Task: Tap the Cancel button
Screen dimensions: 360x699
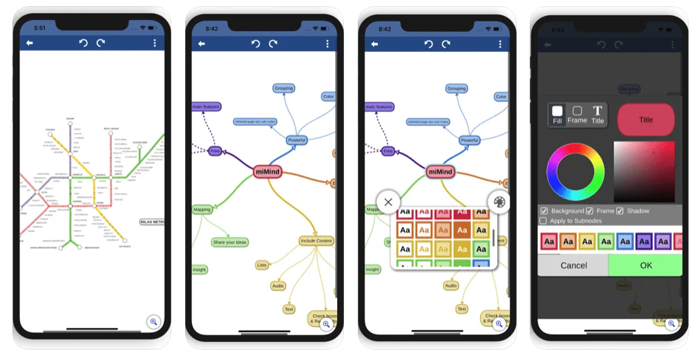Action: tap(573, 265)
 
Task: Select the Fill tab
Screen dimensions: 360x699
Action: tap(557, 114)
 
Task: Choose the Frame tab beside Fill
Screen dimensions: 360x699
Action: tap(577, 114)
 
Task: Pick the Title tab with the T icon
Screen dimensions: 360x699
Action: tap(597, 114)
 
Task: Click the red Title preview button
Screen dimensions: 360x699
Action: tap(645, 120)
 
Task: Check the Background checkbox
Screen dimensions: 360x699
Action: tap(544, 211)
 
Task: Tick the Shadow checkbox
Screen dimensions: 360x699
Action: tap(620, 211)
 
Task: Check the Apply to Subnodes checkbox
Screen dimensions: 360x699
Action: tap(543, 220)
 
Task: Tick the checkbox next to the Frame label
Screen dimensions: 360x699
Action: tap(589, 211)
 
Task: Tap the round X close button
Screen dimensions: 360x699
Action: tap(388, 202)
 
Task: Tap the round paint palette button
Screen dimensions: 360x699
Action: tap(498, 202)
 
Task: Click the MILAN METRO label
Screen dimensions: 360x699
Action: tap(153, 222)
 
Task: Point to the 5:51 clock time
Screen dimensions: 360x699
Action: tap(39, 28)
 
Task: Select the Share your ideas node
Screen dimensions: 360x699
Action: tap(230, 242)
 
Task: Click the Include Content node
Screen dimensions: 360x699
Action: tap(316, 240)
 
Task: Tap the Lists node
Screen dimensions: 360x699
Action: tap(262, 265)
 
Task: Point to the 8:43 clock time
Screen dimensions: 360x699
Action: tap(557, 30)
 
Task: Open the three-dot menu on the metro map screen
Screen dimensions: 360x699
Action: tap(154, 43)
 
